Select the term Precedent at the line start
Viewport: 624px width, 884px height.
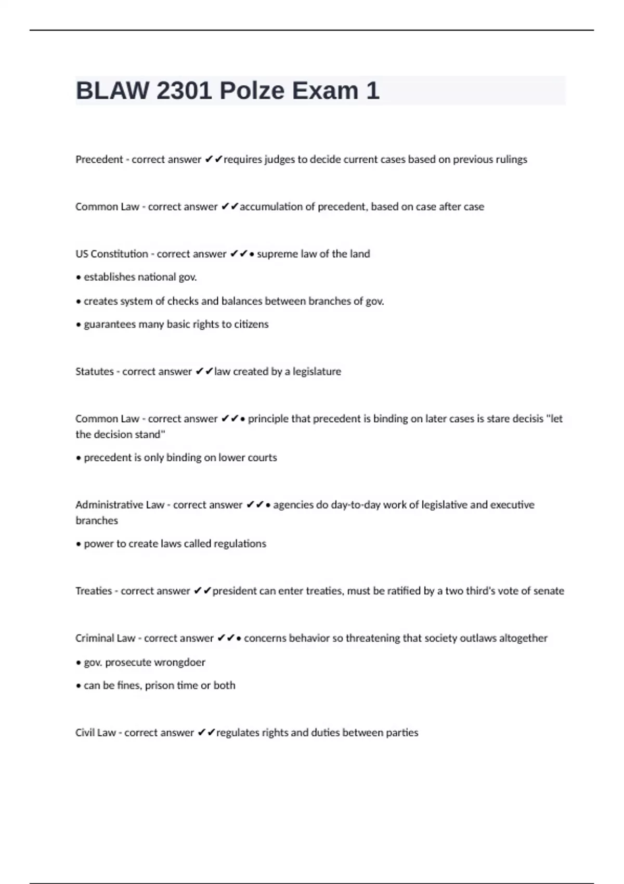(x=99, y=160)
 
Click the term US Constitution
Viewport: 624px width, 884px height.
(x=112, y=254)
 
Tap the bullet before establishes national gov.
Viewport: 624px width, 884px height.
(x=79, y=278)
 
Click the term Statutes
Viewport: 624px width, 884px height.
(x=94, y=372)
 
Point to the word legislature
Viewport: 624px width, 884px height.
(x=317, y=372)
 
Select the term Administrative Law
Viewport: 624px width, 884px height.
(x=120, y=505)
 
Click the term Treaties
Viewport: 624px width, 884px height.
(x=94, y=591)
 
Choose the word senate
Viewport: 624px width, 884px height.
(x=549, y=591)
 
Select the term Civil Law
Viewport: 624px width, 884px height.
(x=96, y=733)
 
